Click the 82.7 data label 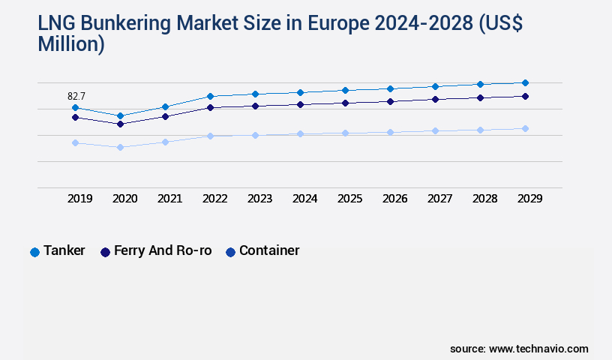(76, 96)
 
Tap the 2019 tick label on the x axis (80, 199)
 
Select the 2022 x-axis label (215, 199)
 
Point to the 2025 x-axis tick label (350, 199)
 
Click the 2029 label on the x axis (529, 199)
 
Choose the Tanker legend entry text (64, 250)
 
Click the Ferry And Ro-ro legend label (163, 250)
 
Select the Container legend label (269, 250)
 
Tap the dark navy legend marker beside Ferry (105, 252)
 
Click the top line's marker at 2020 (120, 115)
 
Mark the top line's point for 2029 (525, 82)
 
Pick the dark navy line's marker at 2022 (210, 107)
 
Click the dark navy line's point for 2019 (75, 117)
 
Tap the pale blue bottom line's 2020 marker (120, 147)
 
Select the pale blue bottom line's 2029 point (525, 128)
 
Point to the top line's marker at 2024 (300, 92)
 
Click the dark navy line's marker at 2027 (435, 99)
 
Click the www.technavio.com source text (538, 349)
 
